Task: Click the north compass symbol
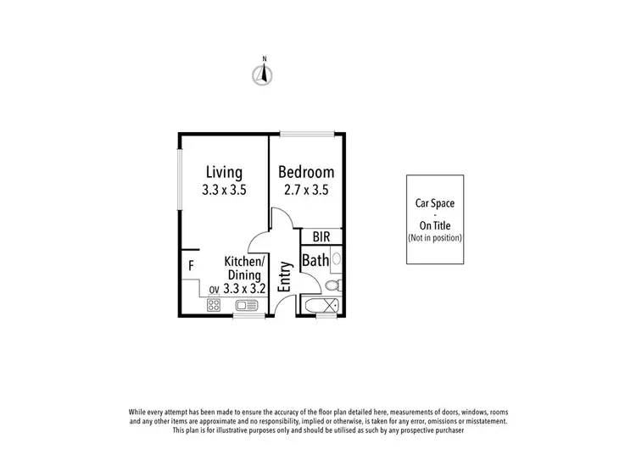(x=265, y=74)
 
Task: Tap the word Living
(x=223, y=173)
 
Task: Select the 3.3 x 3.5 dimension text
(x=224, y=191)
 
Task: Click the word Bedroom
(x=306, y=173)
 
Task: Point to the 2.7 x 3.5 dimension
(x=306, y=191)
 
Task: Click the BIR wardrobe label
(x=321, y=237)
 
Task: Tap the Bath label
(x=315, y=261)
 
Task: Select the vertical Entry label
(x=284, y=275)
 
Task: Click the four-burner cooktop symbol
(x=215, y=306)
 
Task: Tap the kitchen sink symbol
(x=247, y=306)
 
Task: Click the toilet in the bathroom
(x=334, y=284)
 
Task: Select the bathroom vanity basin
(x=336, y=258)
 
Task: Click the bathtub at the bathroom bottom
(x=321, y=306)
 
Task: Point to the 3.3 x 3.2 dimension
(x=246, y=288)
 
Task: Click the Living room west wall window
(x=179, y=178)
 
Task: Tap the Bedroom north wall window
(x=306, y=133)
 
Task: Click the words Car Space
(x=435, y=203)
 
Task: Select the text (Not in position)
(x=435, y=238)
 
